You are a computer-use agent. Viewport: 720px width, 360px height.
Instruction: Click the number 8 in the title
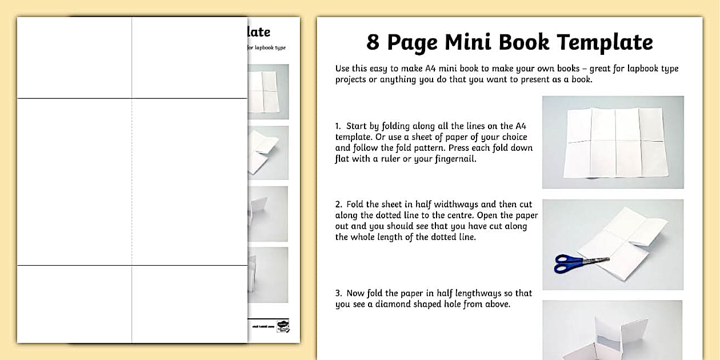pyautogui.click(x=373, y=42)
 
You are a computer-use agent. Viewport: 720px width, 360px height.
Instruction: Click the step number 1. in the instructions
pyautogui.click(x=339, y=126)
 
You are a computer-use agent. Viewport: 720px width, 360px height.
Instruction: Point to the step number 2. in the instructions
pyautogui.click(x=339, y=204)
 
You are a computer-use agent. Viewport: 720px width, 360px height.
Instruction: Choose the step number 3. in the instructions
pyautogui.click(x=339, y=293)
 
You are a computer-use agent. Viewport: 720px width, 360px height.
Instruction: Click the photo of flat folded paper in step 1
pyautogui.click(x=613, y=142)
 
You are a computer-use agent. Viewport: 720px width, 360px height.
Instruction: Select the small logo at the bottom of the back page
pyautogui.click(x=282, y=326)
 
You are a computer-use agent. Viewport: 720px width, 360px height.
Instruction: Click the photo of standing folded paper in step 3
pyautogui.click(x=613, y=331)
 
